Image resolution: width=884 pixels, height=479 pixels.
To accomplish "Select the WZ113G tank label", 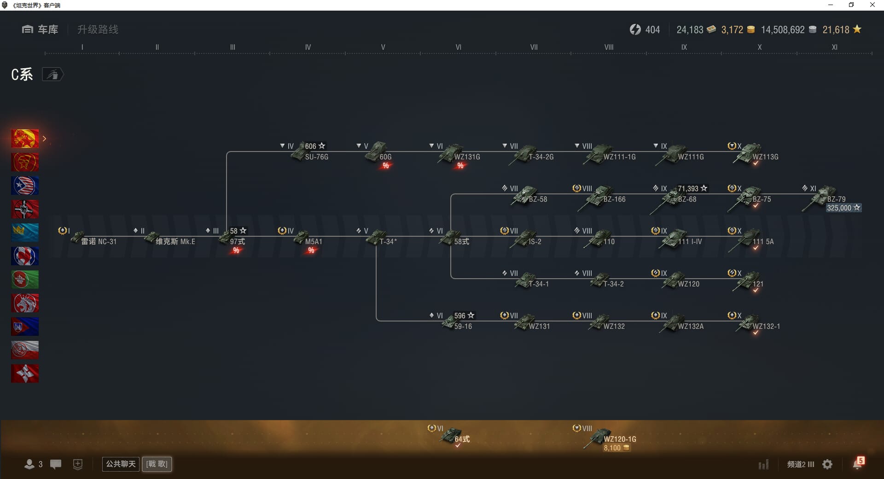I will pos(765,157).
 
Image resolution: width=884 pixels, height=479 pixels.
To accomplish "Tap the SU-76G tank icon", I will pos(300,152).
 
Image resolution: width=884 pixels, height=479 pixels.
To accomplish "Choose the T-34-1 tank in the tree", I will pos(526,280).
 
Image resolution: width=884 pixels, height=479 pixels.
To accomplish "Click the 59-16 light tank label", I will pos(463,327).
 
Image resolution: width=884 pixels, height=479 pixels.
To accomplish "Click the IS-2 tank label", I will pos(535,242).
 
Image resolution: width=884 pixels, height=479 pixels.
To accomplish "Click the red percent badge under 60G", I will pos(386,166).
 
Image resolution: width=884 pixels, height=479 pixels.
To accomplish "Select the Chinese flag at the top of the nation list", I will pos(25,139).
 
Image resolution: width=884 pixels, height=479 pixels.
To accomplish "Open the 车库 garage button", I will pos(40,29).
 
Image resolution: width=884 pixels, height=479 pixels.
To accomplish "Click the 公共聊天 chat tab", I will pos(121,464).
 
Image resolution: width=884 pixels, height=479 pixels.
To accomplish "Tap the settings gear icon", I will pos(827,464).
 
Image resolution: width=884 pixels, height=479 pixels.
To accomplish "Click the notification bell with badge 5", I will pos(857,464).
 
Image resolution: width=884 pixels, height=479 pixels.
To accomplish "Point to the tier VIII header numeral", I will pos(609,47).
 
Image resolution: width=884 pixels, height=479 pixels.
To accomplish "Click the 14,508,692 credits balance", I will pos(783,30).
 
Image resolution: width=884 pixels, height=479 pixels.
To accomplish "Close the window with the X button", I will pos(872,5).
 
